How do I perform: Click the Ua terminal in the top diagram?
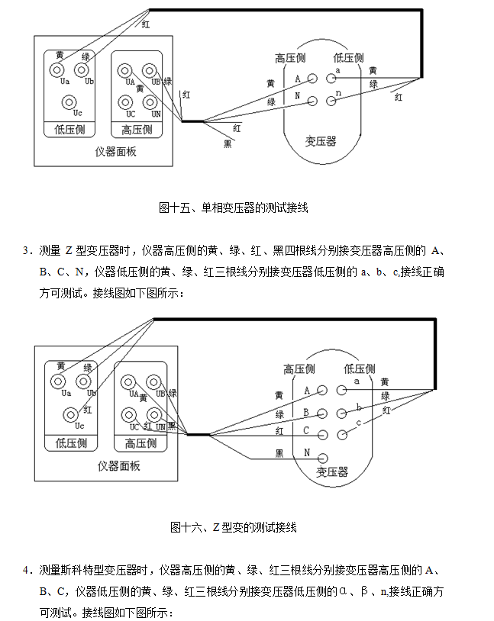[58, 69]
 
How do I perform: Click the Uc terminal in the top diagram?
[69, 101]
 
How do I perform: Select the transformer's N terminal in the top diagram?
[312, 99]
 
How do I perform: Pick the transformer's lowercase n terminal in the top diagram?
[331, 99]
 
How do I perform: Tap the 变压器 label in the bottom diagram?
[331, 472]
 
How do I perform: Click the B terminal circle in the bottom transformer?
[322, 413]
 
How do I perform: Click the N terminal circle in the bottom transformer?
[322, 457]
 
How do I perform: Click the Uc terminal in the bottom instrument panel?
[69, 413]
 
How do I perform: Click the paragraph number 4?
[26, 570]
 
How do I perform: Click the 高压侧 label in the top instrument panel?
[137, 130]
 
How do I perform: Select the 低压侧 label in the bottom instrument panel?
[72, 443]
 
